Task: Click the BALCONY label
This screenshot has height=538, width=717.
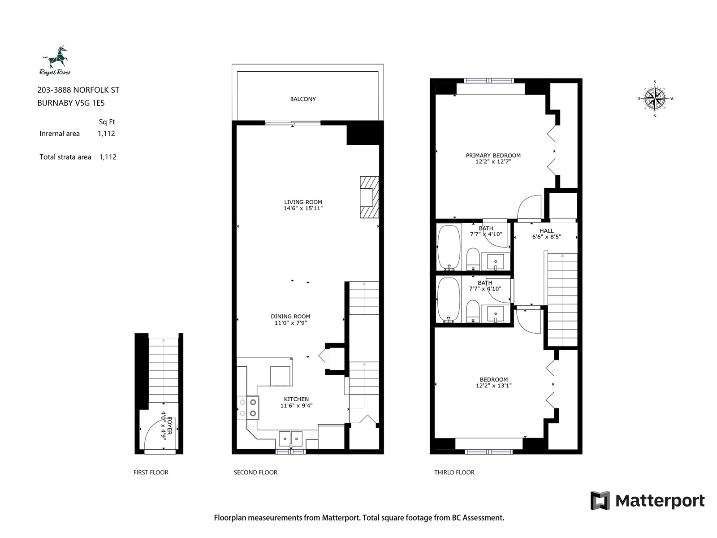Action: click(x=303, y=99)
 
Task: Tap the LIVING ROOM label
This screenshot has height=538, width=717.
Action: click(x=303, y=202)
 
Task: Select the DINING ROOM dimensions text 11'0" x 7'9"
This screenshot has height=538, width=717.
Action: click(x=290, y=323)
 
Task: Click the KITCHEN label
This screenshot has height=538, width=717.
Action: click(x=296, y=399)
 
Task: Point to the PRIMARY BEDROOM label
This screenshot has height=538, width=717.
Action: click(x=493, y=156)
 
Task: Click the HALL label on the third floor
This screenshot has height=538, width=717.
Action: click(x=546, y=230)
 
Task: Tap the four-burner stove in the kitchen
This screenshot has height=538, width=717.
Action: click(x=248, y=408)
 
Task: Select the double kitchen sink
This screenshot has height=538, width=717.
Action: click(x=290, y=438)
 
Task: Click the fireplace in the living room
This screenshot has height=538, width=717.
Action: click(x=369, y=197)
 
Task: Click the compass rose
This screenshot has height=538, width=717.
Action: click(x=655, y=98)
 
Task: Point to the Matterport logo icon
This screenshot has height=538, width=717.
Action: click(x=600, y=501)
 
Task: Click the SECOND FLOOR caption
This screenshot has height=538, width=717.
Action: click(x=255, y=473)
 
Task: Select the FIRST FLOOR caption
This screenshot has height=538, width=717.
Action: click(x=151, y=473)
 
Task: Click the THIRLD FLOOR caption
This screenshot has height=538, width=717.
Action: click(x=454, y=473)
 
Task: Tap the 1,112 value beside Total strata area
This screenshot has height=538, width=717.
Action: click(x=108, y=157)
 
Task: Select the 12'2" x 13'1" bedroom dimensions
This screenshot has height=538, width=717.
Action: click(x=493, y=386)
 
